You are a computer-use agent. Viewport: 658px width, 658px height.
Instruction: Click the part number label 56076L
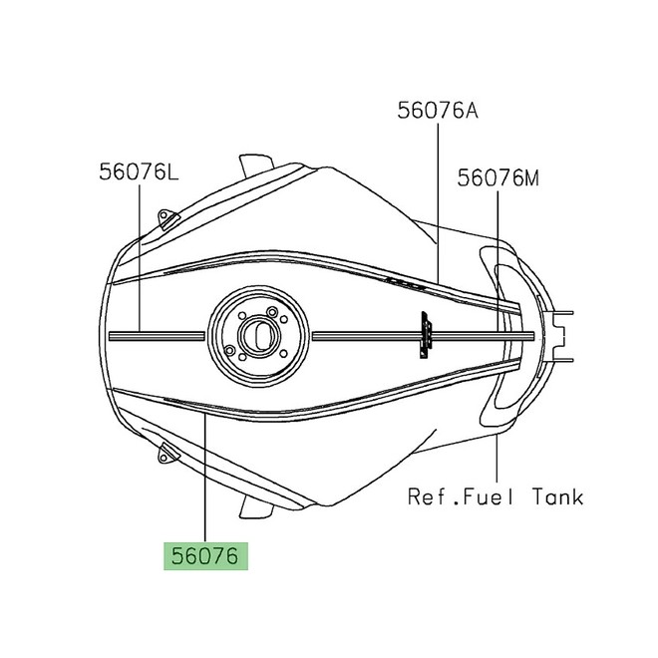tap(139, 172)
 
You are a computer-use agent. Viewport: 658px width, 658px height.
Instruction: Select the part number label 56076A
tap(438, 112)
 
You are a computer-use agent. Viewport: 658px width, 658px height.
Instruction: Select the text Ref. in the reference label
tap(423, 495)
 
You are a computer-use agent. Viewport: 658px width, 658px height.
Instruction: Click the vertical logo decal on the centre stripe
tap(426, 334)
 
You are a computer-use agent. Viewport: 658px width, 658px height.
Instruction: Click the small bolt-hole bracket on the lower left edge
tap(166, 455)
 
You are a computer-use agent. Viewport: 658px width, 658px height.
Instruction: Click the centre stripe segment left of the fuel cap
tap(160, 336)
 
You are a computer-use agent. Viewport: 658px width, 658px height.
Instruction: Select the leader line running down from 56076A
tap(438, 199)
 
